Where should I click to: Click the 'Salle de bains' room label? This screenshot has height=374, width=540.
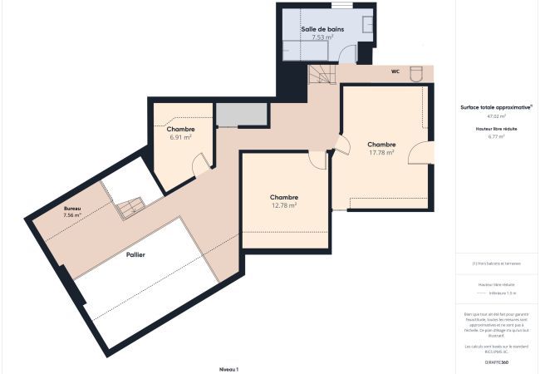[323, 28]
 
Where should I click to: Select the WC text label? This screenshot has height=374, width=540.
[396, 71]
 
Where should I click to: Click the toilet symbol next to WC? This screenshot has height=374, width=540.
[417, 71]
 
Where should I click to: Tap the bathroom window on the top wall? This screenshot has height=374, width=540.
[341, 5]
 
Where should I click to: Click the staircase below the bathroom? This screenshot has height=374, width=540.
[320, 75]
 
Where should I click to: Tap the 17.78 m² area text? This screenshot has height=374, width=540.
[380, 152]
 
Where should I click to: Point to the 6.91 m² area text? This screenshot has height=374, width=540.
[180, 137]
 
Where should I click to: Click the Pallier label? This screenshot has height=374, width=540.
[135, 255]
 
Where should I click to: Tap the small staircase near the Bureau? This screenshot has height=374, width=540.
[128, 208]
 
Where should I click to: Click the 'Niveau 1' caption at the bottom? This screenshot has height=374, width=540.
[228, 368]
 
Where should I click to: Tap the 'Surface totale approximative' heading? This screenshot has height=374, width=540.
[496, 107]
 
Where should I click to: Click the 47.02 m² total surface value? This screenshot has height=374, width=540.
[496, 117]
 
